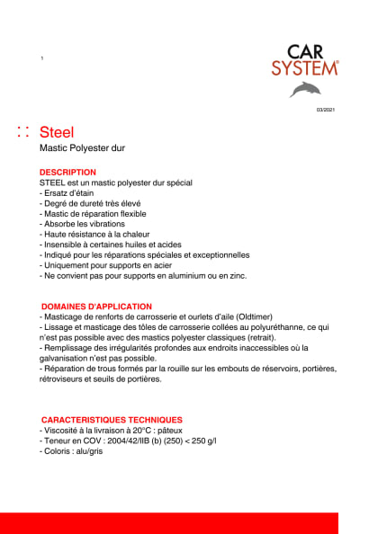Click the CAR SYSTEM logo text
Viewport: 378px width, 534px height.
305,60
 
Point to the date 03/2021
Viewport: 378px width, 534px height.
325,110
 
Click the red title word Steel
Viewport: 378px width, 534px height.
58,132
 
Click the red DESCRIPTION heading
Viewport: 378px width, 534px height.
67,172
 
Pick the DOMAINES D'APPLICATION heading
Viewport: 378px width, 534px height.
96,307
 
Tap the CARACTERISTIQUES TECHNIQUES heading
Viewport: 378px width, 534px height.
112,419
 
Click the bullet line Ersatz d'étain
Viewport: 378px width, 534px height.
68,193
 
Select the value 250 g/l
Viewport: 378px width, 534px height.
202,441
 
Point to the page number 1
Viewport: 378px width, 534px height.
42,58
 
